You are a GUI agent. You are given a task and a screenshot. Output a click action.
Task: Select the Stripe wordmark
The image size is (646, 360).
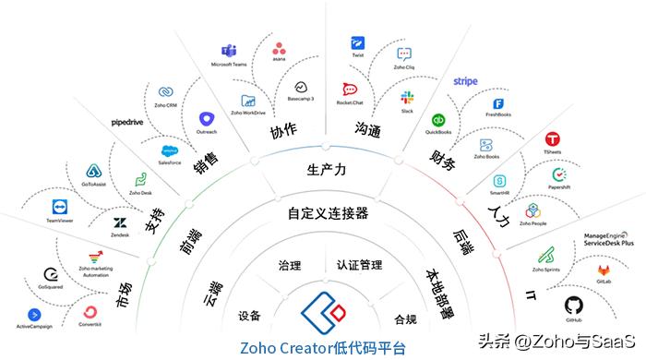(x=466, y=81)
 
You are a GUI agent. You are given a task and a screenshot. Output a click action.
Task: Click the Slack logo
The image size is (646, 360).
(x=407, y=97)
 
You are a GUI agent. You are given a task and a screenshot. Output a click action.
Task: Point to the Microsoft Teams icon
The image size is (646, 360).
(x=233, y=52)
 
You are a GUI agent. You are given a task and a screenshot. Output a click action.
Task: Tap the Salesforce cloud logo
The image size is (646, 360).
(x=169, y=150)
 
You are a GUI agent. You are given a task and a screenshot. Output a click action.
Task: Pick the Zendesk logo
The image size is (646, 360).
(x=120, y=223)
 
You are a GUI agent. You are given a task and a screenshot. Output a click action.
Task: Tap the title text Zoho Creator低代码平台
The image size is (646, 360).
(x=322, y=347)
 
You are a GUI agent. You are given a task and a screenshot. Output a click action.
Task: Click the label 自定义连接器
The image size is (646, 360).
(x=329, y=213)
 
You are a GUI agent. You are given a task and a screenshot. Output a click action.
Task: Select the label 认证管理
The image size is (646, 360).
(x=359, y=265)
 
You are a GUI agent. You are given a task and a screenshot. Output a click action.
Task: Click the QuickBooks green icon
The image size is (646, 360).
(x=438, y=119)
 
